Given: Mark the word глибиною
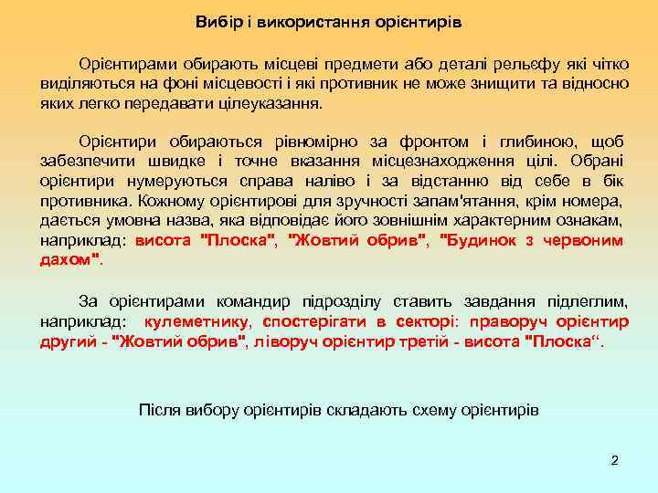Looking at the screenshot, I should point(534,142).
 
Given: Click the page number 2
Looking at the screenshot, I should point(614,460).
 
